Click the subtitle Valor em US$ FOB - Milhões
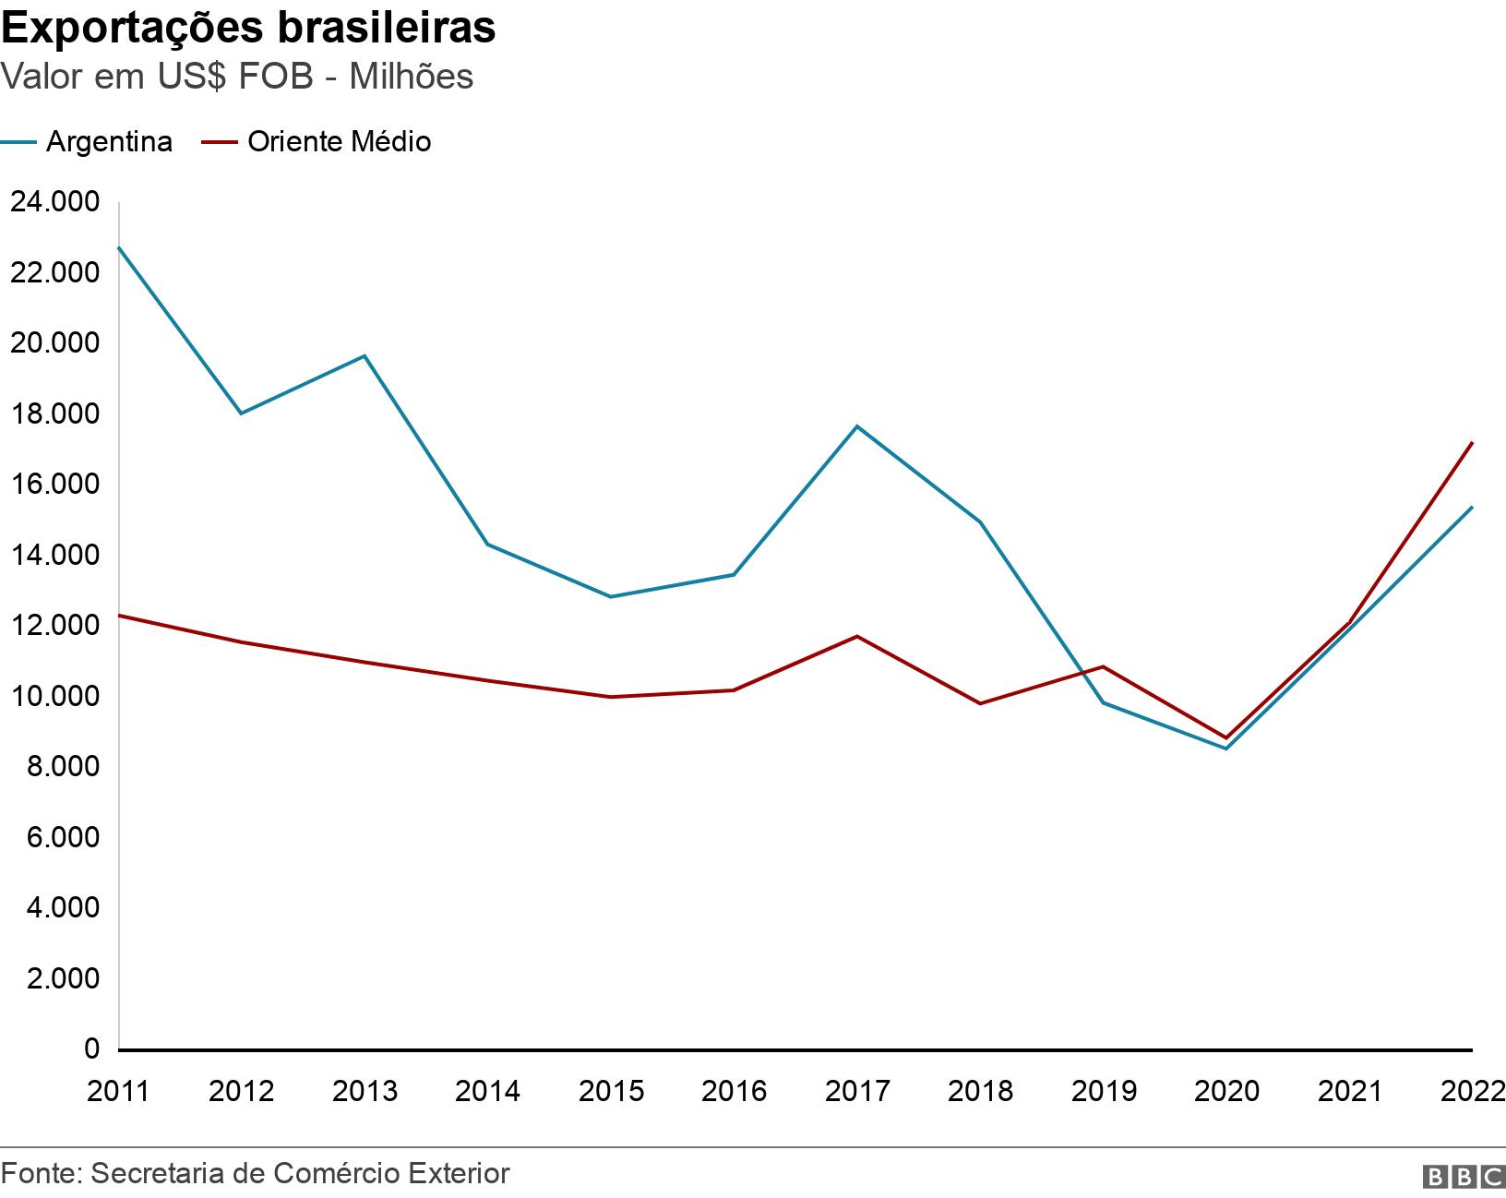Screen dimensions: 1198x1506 [x=237, y=77]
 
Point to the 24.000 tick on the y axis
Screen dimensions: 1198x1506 [x=54, y=202]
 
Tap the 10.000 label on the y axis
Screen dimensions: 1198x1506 [x=54, y=696]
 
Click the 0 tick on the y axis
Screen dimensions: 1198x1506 [x=91, y=1048]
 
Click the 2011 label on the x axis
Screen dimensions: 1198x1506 [x=118, y=1091]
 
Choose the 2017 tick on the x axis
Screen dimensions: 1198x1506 [x=857, y=1091]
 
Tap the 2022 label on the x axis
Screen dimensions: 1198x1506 [x=1472, y=1091]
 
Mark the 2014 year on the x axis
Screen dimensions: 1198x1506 [x=487, y=1091]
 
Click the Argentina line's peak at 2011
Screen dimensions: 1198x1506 [x=120, y=247]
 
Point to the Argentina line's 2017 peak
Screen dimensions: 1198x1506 [x=857, y=426]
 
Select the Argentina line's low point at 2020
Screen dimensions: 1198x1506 [x=1226, y=749]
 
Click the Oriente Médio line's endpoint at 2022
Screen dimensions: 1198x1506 [x=1472, y=443]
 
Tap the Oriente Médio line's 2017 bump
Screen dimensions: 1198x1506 [x=857, y=636]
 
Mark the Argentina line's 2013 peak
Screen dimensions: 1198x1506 [x=365, y=355]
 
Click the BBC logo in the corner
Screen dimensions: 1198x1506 [x=1464, y=1176]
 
